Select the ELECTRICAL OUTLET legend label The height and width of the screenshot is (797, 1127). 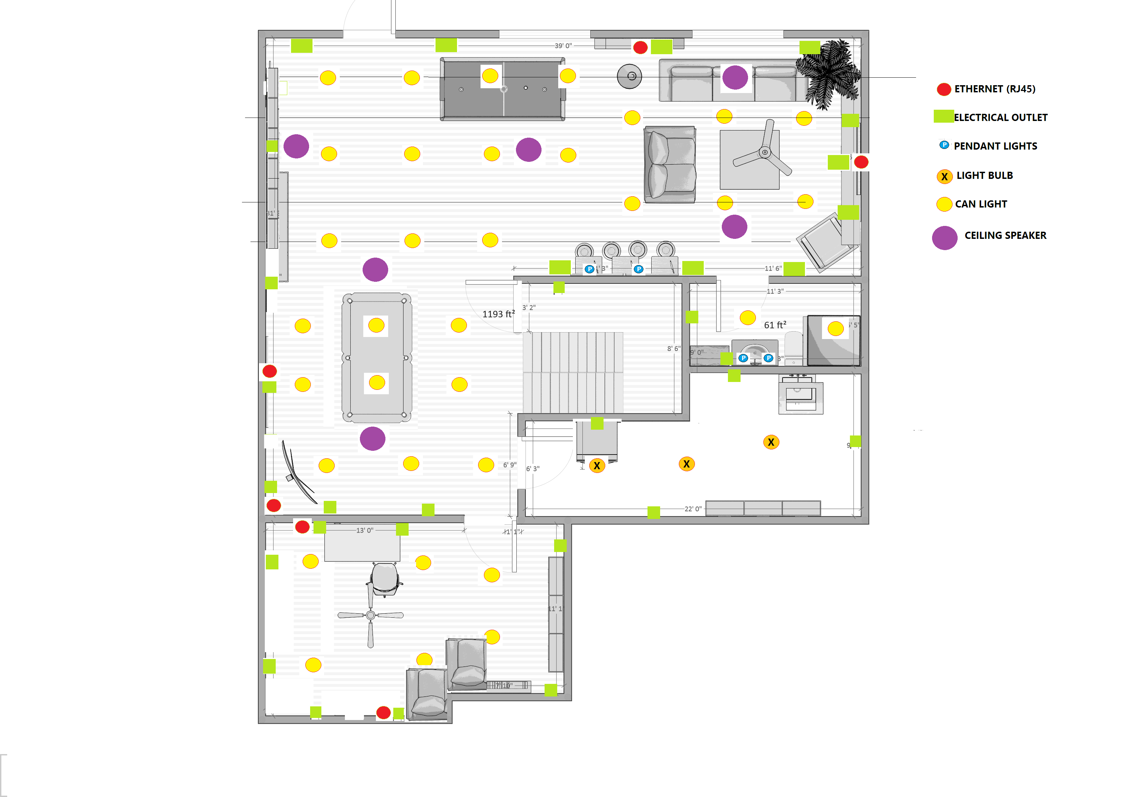(1000, 117)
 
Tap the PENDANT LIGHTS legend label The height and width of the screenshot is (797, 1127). (995, 146)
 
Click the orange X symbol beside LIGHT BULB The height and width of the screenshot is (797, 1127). (944, 176)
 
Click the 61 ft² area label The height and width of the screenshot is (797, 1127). (775, 325)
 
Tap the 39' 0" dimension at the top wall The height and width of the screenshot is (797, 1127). (563, 46)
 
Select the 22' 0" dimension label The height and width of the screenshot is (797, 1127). (692, 509)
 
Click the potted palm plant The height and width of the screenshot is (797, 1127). (828, 74)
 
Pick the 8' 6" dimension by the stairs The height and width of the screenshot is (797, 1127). (673, 349)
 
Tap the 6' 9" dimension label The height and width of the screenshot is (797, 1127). (509, 465)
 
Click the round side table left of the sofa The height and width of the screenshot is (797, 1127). (629, 77)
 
